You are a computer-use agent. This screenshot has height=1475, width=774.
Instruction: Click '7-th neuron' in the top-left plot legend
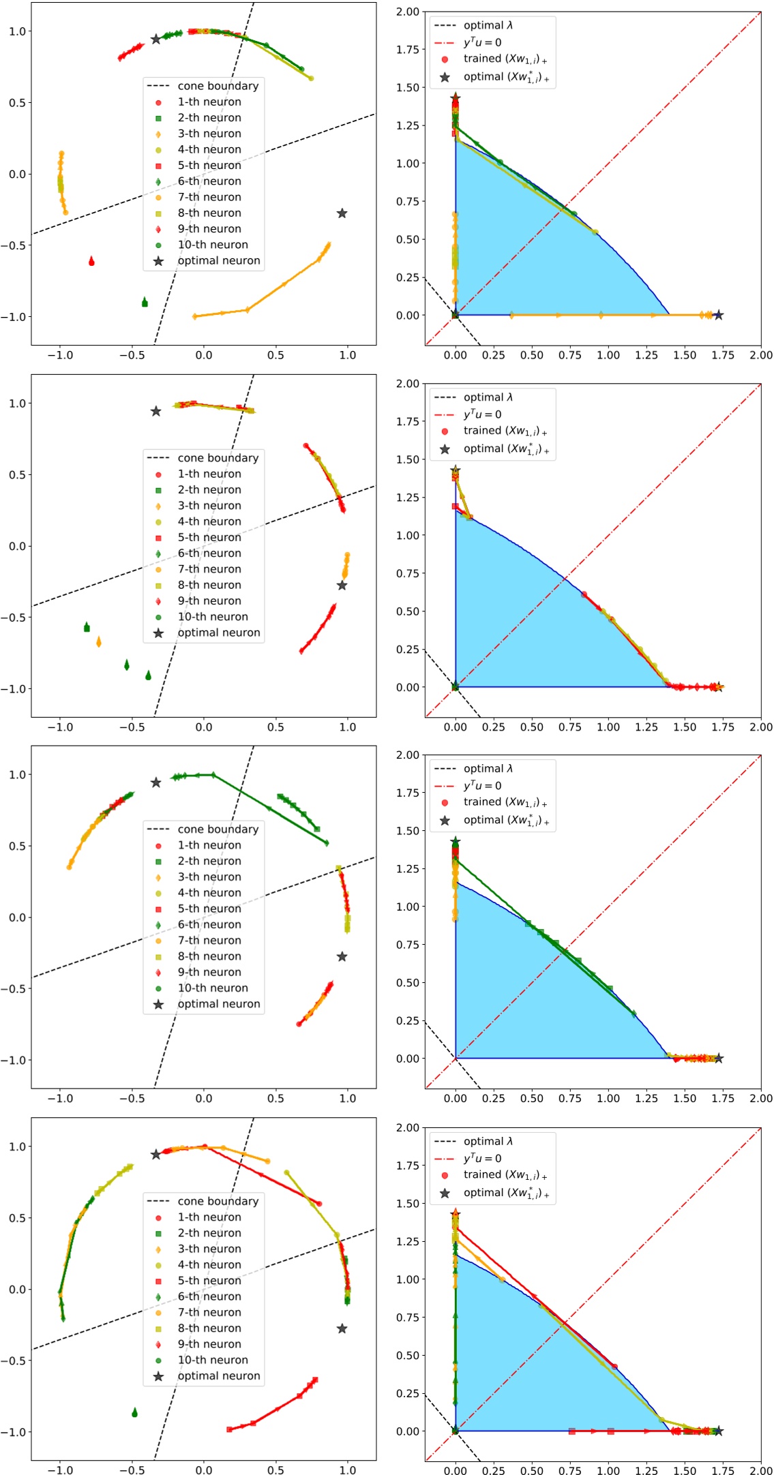[209, 197]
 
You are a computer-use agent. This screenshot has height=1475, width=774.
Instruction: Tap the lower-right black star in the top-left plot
[342, 213]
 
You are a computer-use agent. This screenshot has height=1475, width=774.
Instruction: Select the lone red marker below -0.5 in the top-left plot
[91, 261]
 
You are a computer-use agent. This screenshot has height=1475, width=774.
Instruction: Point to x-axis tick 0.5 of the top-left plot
[276, 355]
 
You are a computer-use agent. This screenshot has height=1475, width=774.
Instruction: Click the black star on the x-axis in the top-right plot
[717, 315]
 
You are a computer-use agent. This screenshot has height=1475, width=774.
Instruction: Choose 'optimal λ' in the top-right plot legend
[488, 25]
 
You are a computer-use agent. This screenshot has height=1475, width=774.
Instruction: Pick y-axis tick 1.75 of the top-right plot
[407, 50]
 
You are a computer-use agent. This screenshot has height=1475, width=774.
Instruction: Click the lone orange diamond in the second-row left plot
[99, 641]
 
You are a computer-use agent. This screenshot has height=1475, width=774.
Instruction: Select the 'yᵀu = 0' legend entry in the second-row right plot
[482, 414]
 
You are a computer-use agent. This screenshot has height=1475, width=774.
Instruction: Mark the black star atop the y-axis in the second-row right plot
[456, 471]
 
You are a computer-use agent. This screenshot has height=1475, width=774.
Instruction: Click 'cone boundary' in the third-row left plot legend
[218, 830]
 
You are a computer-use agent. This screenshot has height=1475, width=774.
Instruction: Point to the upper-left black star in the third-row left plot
[155, 782]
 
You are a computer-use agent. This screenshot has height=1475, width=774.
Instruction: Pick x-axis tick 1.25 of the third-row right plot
[646, 1098]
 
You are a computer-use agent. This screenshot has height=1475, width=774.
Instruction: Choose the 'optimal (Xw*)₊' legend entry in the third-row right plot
[505, 820]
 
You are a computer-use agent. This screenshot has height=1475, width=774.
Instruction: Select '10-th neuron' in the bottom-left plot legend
[213, 1360]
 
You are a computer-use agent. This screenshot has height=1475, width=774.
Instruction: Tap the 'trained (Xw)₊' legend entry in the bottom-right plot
[505, 1174]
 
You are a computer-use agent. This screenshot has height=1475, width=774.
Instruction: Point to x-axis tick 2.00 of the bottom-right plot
[761, 1470]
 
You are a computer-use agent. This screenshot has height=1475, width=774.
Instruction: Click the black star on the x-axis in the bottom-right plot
[717, 1431]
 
